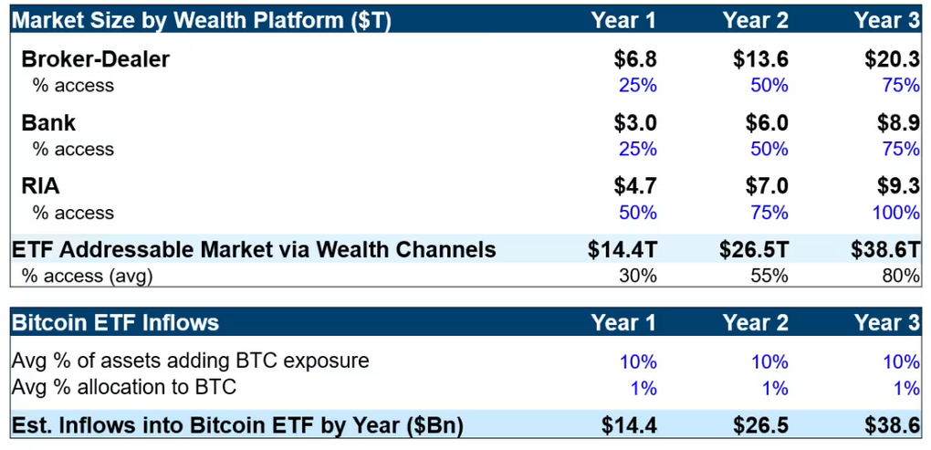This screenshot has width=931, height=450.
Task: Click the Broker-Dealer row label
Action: click(x=95, y=59)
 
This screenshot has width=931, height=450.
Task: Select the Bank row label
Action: click(x=48, y=123)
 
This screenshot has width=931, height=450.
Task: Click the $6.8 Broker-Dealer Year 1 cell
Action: click(x=635, y=59)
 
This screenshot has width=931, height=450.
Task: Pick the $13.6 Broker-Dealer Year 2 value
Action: click(x=760, y=59)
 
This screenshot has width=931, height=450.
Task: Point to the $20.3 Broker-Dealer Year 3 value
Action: click(x=892, y=59)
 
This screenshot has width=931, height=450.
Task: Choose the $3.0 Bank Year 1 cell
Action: click(x=635, y=123)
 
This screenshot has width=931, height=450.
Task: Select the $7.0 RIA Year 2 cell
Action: click(x=767, y=187)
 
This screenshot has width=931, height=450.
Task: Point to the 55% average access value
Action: click(x=769, y=276)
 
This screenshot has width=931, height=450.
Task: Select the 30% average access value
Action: click(x=638, y=276)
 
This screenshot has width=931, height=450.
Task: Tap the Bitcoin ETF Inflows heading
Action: click(x=115, y=322)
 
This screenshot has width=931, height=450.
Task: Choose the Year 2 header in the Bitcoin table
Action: click(x=755, y=322)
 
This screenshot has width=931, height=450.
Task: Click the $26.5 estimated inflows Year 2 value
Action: click(x=760, y=425)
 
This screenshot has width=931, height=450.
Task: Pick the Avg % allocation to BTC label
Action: click(x=124, y=387)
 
